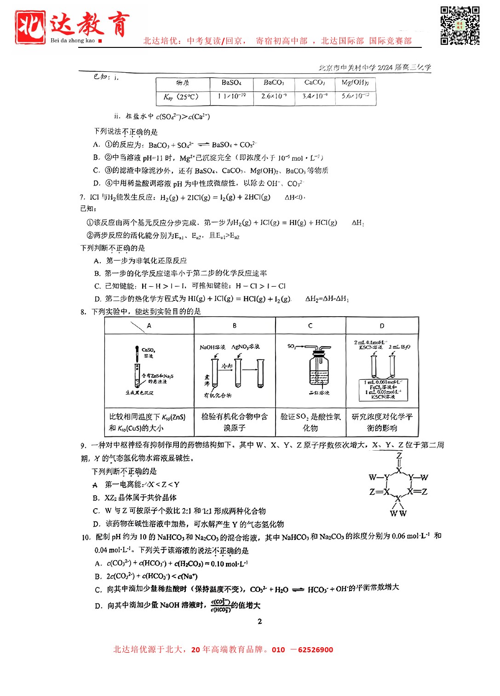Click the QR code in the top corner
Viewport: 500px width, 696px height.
tap(460, 25)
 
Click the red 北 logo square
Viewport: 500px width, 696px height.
tap(30, 27)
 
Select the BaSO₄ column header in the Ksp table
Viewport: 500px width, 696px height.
tap(231, 83)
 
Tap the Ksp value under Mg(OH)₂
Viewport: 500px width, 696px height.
tap(356, 96)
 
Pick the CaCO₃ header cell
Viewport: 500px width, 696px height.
tap(315, 83)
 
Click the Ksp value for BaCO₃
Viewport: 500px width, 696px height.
tap(274, 96)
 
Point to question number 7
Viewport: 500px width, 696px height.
tap(82, 197)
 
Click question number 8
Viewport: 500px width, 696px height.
tap(83, 312)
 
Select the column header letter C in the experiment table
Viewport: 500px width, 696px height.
tap(310, 325)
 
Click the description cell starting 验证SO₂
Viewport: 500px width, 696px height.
tap(310, 422)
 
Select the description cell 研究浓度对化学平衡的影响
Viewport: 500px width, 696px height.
tap(382, 422)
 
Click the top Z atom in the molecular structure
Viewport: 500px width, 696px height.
tap(399, 456)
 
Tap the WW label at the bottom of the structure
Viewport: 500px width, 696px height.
tap(398, 513)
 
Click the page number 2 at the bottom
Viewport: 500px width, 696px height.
tap(260, 621)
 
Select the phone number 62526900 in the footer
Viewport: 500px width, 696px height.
tap(316, 650)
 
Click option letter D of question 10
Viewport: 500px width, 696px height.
tap(98, 606)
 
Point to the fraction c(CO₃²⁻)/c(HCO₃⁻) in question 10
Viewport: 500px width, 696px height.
tap(221, 605)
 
